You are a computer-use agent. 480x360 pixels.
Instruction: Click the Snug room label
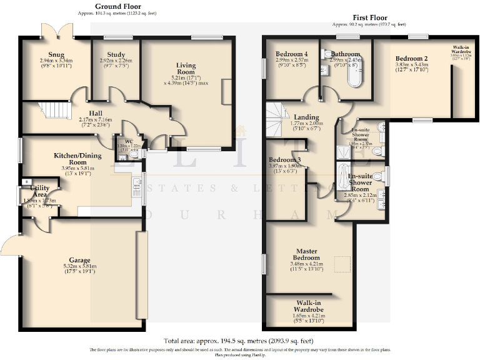click(56, 54)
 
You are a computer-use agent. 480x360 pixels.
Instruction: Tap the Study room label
click(116, 54)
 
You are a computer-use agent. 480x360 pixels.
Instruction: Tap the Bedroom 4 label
click(292, 54)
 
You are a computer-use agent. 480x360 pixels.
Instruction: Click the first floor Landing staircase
click(276, 121)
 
